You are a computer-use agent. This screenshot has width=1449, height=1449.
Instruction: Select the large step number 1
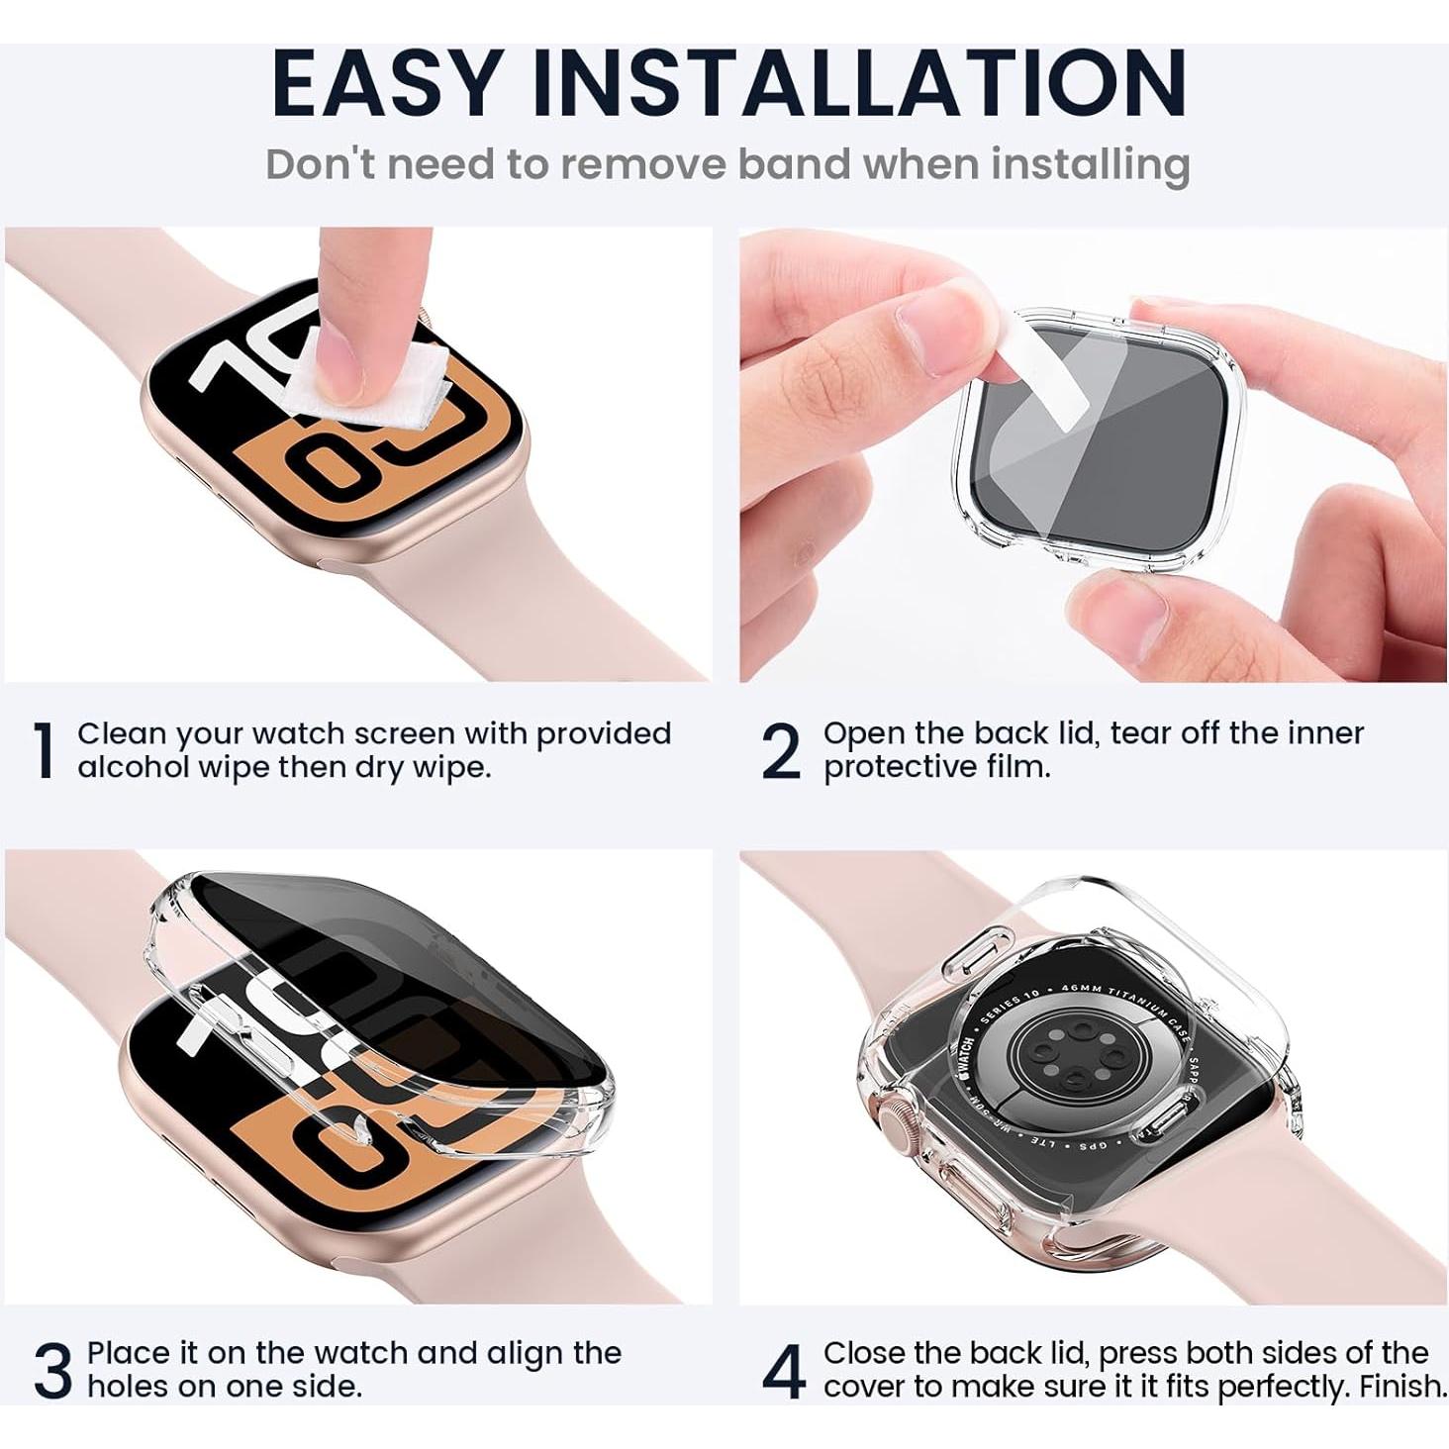point(44,751)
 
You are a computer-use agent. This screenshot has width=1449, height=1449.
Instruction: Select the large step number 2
point(781,751)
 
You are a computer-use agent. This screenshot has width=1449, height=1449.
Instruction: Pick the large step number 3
point(53,1371)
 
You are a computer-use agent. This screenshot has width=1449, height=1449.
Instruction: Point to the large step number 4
point(784,1371)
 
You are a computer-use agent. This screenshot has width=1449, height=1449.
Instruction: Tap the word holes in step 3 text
point(128,1387)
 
